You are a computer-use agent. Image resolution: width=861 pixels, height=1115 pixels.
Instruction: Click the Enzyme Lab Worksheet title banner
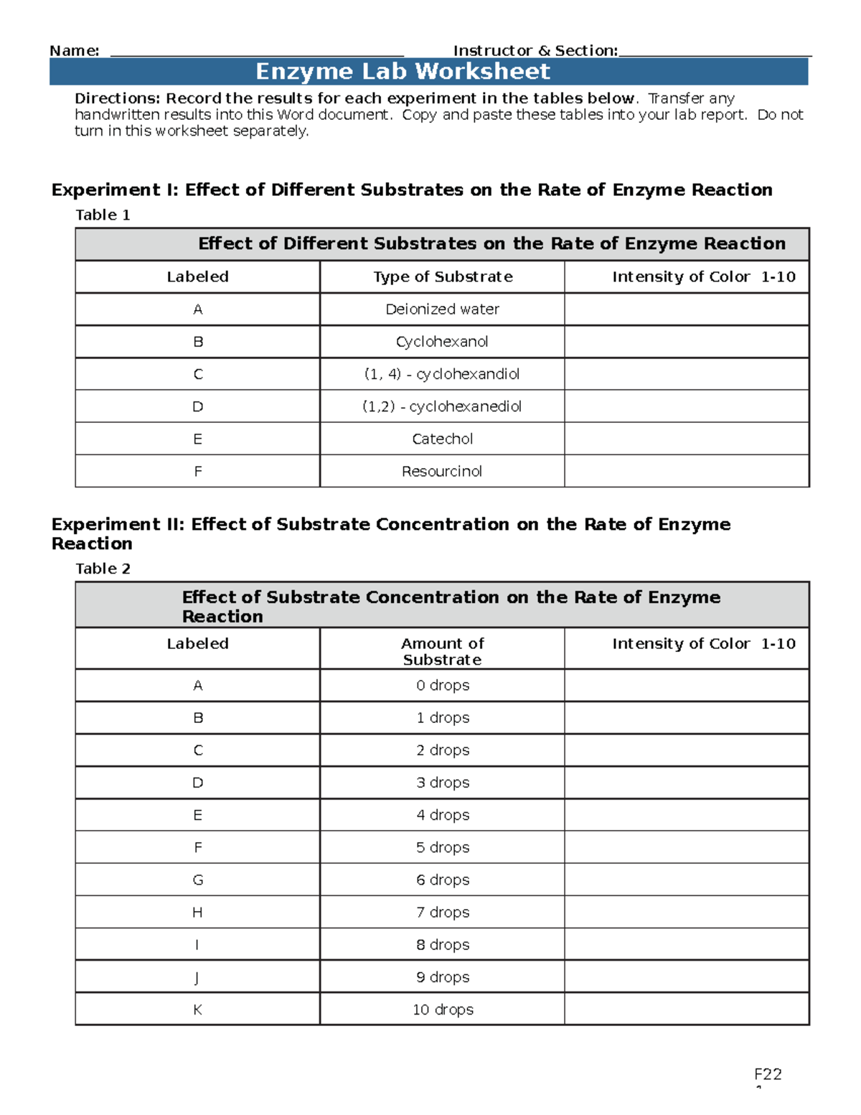pos(428,72)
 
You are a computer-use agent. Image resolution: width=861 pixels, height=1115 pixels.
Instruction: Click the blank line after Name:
pos(257,52)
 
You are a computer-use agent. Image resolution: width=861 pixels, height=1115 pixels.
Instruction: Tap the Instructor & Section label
pos(535,51)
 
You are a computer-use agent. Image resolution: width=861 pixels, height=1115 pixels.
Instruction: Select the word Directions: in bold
pos(118,98)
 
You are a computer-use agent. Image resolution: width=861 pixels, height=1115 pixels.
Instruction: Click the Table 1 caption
pos(103,215)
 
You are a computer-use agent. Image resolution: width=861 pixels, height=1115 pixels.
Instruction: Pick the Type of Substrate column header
pos(443,276)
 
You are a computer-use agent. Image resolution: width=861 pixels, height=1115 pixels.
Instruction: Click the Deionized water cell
pos(442,309)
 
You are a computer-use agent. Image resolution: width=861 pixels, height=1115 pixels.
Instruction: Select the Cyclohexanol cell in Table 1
pos(442,342)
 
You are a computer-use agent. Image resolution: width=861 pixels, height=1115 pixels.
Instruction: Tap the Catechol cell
pos(442,439)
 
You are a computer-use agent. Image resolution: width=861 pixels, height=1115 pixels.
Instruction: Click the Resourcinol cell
pos(442,471)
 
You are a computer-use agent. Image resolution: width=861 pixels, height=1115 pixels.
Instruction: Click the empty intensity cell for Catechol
pos(687,439)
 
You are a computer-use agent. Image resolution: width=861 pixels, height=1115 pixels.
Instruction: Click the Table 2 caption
pos(103,569)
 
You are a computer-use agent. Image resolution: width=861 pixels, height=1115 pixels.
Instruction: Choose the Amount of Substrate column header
pos(442,651)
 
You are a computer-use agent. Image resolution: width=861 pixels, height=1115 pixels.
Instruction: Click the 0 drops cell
pos(443,686)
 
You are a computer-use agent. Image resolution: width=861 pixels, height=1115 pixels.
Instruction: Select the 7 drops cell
pos(443,913)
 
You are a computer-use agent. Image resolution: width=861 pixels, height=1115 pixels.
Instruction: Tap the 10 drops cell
pos(443,1009)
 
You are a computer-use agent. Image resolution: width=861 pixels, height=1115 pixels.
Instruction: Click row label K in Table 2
pos(197,1009)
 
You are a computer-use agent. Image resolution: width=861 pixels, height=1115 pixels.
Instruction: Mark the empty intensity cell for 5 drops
pos(687,847)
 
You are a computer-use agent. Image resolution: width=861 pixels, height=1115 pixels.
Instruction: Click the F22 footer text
pos(768,1074)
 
